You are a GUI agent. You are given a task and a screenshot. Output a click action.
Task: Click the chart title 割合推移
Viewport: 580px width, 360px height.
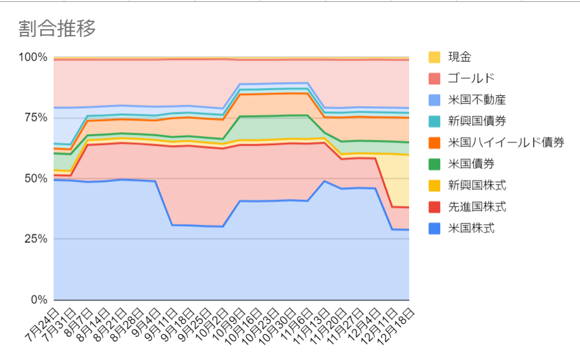coord(57,28)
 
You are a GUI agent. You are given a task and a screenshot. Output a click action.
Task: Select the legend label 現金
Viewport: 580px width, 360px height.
coord(460,57)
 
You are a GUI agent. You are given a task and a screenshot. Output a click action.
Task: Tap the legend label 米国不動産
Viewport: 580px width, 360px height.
coord(477,100)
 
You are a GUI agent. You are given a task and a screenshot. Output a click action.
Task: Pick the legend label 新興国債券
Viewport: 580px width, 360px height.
coord(477,121)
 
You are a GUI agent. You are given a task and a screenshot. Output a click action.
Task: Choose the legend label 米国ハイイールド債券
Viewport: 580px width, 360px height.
coord(506,142)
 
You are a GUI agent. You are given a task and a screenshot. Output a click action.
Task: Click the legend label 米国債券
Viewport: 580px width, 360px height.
coord(471,164)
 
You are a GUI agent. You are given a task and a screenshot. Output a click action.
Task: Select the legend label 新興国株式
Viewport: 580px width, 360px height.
coord(477,185)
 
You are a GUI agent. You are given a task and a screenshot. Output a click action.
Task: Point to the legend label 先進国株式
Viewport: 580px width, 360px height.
coord(477,207)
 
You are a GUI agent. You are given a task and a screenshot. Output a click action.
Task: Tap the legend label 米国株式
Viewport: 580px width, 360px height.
coord(471,229)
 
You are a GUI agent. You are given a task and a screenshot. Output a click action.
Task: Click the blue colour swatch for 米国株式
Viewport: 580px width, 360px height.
coord(434,229)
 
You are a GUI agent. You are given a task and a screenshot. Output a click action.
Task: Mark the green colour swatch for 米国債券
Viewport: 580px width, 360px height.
coord(434,164)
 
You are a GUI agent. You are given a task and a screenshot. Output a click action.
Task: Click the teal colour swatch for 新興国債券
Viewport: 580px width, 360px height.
coord(434,121)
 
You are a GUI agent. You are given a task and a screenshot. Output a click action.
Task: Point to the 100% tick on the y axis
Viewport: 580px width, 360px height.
coord(33,58)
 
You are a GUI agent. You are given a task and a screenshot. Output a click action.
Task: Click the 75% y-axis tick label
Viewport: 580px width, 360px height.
coord(36,118)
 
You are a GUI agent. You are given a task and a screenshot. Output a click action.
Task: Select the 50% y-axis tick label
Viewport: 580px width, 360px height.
coord(36,179)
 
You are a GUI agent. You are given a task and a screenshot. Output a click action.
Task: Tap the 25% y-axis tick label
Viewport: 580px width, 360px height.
coord(36,239)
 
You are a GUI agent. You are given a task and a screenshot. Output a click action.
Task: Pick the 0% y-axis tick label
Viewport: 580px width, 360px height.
coord(39,300)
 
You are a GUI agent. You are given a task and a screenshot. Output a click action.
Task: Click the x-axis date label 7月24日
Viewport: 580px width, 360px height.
coord(42,324)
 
